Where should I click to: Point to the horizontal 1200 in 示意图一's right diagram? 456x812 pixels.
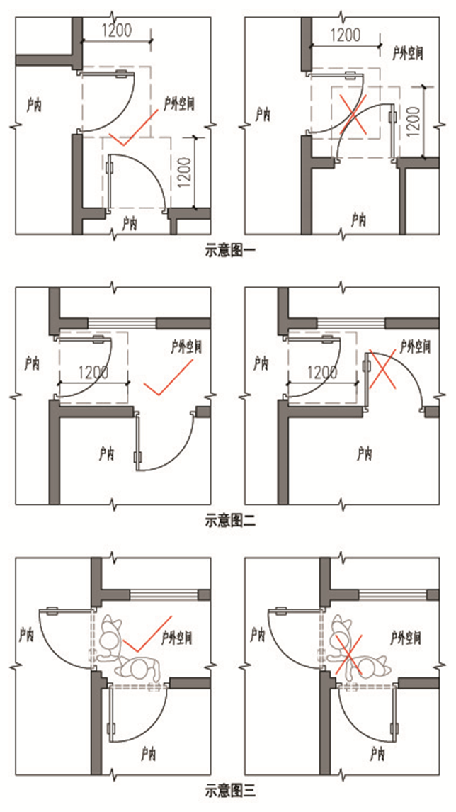pos(346,35)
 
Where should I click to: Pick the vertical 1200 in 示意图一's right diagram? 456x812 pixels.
pos(414,121)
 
